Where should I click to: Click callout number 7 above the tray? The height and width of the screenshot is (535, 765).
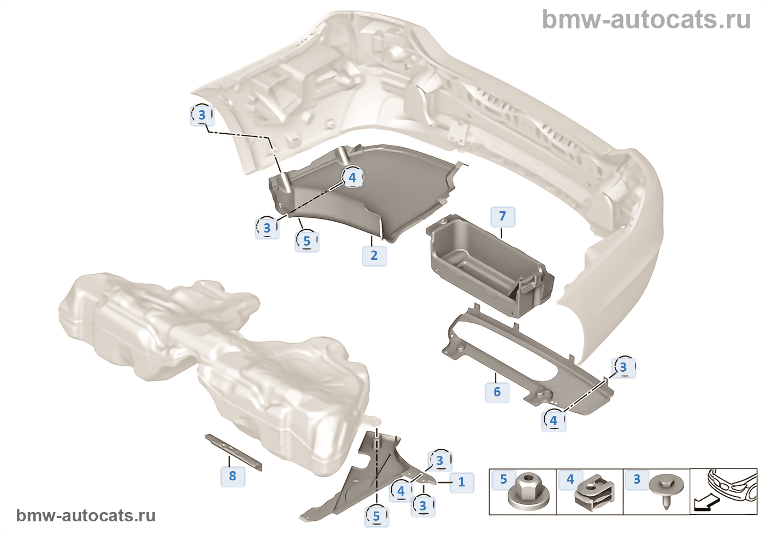point(503,216)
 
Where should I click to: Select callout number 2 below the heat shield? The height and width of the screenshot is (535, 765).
point(374,255)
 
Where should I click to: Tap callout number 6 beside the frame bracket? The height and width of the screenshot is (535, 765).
point(497,391)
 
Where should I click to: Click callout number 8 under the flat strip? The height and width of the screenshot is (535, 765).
point(233,475)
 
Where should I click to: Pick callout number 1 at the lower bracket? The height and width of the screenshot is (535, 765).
point(462,481)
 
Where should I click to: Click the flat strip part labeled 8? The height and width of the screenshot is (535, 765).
point(233,451)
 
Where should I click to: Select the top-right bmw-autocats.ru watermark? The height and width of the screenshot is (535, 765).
point(646,20)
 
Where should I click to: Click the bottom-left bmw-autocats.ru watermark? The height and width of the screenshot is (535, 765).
point(86,515)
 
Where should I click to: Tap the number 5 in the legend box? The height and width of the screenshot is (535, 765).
point(503,479)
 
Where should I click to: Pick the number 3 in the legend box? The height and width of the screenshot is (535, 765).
point(637,479)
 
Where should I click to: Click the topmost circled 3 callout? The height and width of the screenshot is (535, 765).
point(202,115)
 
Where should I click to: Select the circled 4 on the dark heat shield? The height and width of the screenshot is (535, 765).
point(352,177)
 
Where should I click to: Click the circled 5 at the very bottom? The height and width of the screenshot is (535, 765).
point(376,516)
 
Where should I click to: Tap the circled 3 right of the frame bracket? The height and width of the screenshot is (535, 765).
point(623,367)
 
